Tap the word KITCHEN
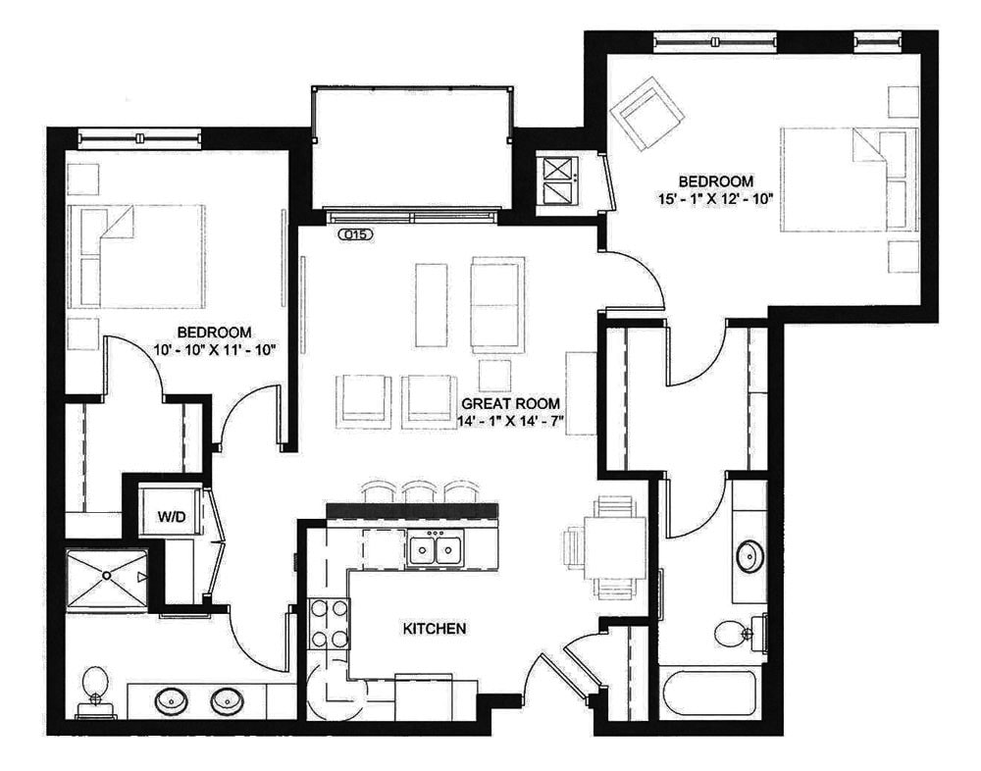tap(434, 628)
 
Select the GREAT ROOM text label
tap(511, 403)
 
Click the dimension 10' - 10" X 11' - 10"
tap(214, 348)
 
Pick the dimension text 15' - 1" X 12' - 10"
tap(717, 198)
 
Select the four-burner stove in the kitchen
tap(330, 623)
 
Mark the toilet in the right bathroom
tap(732, 633)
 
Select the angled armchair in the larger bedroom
tap(646, 115)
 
